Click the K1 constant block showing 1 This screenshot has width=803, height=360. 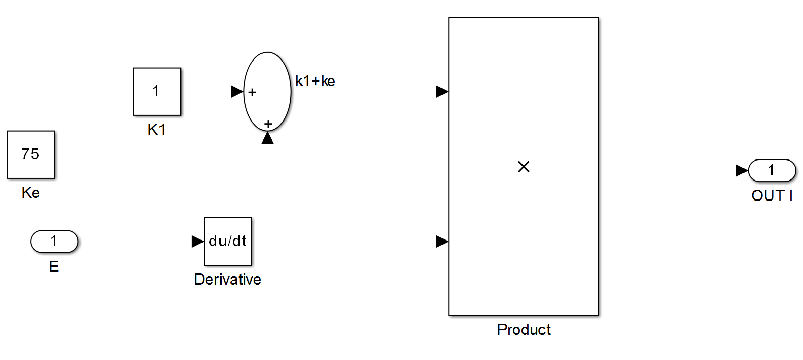coord(156,92)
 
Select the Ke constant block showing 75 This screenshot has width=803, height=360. coord(31,154)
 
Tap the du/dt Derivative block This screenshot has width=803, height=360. coord(228,241)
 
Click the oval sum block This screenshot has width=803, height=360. coord(267,91)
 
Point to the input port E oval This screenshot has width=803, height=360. coord(54,241)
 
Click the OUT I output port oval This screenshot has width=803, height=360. coord(772,171)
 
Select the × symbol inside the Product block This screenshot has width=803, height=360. coord(524,167)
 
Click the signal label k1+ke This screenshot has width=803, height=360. coord(315,81)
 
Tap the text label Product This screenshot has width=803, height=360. coord(524,329)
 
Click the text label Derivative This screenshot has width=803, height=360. coord(228,279)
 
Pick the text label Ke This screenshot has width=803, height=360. coord(31,193)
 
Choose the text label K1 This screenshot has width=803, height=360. coord(156,130)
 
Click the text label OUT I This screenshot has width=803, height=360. coord(772,196)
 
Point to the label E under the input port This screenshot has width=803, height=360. coord(54,267)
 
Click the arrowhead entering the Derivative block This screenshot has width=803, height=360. coord(197,242)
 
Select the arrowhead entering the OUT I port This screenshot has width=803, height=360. coord(741,171)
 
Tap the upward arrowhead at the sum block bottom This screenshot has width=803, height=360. coord(268,137)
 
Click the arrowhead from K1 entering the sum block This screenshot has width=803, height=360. coord(237,92)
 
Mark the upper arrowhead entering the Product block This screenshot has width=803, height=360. coord(442,92)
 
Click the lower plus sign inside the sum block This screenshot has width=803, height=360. coord(268,124)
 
